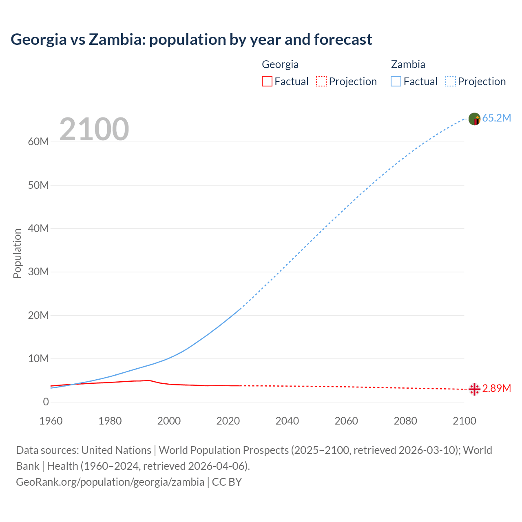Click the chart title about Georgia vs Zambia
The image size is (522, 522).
click(x=191, y=40)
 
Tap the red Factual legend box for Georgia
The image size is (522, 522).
click(x=267, y=81)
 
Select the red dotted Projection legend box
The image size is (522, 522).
click(x=321, y=81)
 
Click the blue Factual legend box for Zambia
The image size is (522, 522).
click(x=396, y=81)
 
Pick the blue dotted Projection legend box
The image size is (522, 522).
click(x=451, y=81)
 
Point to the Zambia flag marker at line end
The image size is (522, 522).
click(x=474, y=119)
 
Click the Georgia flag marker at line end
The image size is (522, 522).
click(x=474, y=389)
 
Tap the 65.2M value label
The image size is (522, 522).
click(x=496, y=118)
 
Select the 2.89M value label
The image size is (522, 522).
click(x=496, y=388)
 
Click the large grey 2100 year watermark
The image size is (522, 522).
click(x=94, y=129)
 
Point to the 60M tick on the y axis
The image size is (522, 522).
click(x=38, y=142)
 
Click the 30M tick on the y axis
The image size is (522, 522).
click(x=38, y=272)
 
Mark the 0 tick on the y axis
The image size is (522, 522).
click(x=46, y=402)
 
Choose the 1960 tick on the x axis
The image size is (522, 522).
click(x=51, y=421)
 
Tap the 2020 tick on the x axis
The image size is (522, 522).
click(x=228, y=421)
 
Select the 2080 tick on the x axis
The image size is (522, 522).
click(x=405, y=421)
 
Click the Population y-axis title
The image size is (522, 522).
click(x=17, y=253)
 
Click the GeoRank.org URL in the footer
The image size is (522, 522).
click(x=110, y=482)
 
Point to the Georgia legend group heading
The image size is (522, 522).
click(x=280, y=64)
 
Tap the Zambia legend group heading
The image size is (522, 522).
click(x=408, y=64)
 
